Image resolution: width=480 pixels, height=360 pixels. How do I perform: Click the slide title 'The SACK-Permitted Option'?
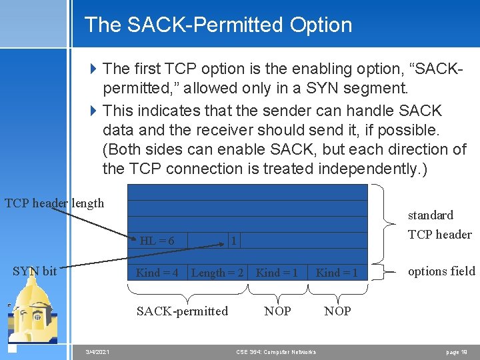[x=218, y=25]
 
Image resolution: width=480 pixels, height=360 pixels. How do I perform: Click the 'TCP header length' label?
[x=55, y=203]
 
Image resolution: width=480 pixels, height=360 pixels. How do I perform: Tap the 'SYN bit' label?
[x=35, y=271]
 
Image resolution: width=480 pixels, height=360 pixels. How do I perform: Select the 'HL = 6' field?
[x=157, y=241]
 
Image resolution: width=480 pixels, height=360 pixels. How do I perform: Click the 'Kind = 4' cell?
[x=157, y=272]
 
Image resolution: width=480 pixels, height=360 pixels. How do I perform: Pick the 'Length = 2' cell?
[x=218, y=272]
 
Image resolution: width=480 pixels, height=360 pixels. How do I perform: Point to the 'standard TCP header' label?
[x=439, y=225]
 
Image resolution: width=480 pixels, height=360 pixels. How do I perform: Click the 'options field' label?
[x=441, y=271]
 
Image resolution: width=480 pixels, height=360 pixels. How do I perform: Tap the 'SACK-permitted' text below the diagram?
[x=182, y=311]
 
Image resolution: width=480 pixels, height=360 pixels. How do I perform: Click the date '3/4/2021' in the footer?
[x=97, y=352]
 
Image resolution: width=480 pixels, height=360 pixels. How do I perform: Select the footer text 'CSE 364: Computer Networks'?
[x=276, y=352]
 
